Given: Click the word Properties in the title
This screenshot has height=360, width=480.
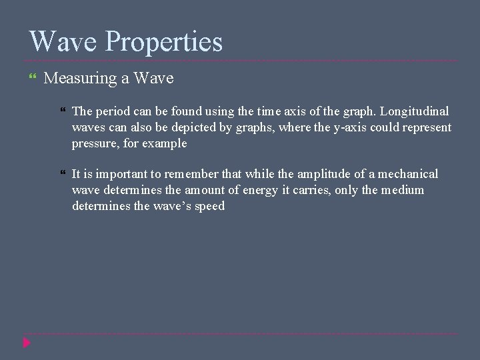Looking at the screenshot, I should (x=164, y=42).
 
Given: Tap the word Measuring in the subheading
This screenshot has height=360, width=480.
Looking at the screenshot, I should (x=81, y=79).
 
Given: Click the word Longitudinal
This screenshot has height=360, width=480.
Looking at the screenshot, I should (x=415, y=111).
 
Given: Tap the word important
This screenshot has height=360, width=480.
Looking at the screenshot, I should (x=120, y=174).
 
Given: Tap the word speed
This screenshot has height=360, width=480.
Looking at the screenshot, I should (x=209, y=206).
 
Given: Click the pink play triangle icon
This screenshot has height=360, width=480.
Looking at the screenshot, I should (x=26, y=343).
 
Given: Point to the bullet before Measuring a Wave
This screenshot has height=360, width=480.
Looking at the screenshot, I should (x=35, y=79).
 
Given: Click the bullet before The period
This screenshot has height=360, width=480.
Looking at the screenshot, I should (x=63, y=111).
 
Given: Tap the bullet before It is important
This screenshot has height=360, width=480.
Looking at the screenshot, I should (x=63, y=174).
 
